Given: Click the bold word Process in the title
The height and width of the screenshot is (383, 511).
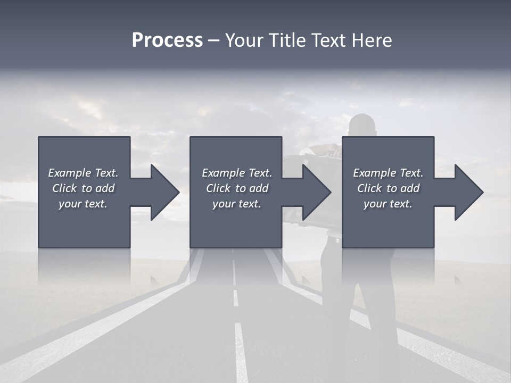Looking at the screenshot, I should (167, 40).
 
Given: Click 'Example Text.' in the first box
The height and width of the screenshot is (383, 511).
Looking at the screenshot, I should (83, 173).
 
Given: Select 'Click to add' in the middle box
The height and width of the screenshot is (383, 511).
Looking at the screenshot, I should (237, 188).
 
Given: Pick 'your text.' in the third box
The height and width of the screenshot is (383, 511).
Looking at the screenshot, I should (388, 204).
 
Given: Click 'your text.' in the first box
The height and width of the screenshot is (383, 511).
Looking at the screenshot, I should (83, 204).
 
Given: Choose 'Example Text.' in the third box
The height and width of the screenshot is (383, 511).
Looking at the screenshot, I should (388, 173).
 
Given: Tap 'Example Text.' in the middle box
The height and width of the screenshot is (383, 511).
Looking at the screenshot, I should (237, 173).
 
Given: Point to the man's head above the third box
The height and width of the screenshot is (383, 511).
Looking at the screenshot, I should (363, 124).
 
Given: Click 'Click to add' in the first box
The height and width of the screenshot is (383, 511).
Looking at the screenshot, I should (83, 188).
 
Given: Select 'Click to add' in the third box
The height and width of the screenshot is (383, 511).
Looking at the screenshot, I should (388, 188).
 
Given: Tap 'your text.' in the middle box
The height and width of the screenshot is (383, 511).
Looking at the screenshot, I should (237, 204).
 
